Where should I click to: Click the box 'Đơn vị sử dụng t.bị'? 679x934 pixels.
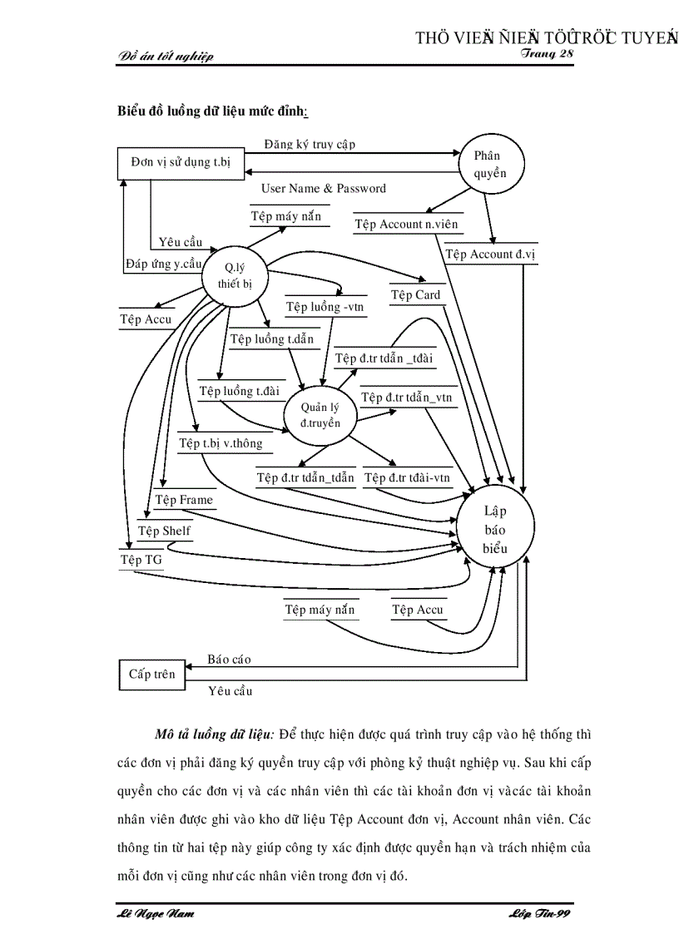pyautogui.click(x=181, y=161)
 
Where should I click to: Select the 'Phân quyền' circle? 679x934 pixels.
pyautogui.click(x=489, y=164)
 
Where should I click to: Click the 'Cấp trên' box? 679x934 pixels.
pyautogui.click(x=151, y=674)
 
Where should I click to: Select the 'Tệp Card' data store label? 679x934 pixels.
pyautogui.click(x=415, y=295)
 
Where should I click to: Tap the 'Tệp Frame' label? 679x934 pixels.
pyautogui.click(x=184, y=500)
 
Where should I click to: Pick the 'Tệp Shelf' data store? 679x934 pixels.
pyautogui.click(x=164, y=531)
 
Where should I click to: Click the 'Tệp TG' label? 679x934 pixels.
pyautogui.click(x=141, y=560)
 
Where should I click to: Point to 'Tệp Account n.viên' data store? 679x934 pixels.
pyautogui.click(x=406, y=225)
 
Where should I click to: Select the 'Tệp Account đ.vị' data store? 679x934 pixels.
pyautogui.click(x=491, y=255)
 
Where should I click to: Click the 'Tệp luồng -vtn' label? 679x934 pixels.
pyautogui.click(x=325, y=307)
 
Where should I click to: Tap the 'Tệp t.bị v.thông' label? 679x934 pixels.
pyautogui.click(x=221, y=443)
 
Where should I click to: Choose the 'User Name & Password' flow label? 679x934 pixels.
pyautogui.click(x=323, y=189)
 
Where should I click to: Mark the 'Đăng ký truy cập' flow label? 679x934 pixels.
pyautogui.click(x=310, y=144)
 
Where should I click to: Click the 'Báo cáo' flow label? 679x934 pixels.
pyautogui.click(x=229, y=660)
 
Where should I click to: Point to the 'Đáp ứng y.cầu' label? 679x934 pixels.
pyautogui.click(x=164, y=264)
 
